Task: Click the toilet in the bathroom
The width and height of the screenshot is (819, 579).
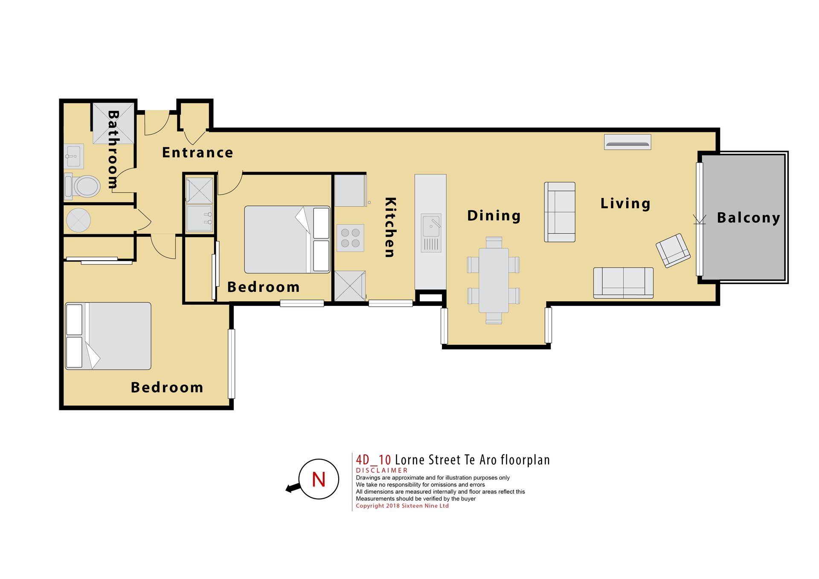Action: coord(82,186)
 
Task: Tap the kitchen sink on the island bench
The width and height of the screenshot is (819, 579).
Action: coord(431,233)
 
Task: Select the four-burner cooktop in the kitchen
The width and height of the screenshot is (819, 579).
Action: coord(350,238)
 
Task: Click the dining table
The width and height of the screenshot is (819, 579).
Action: coord(494,280)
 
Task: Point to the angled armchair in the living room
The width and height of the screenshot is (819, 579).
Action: coord(673,250)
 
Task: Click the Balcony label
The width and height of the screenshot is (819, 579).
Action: coord(749,218)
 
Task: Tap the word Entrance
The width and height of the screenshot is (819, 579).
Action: coord(197,152)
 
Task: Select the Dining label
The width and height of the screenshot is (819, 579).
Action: coord(494,216)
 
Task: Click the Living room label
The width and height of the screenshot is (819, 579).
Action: coord(625,204)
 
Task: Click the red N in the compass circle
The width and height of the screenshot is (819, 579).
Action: coord(319,480)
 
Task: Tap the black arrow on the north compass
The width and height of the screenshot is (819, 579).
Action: coord(293,487)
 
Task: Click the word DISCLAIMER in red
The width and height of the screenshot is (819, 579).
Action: coord(382,470)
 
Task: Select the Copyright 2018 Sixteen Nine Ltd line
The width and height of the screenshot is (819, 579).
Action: coord(402,506)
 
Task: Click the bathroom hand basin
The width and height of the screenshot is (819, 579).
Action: coord(74,156)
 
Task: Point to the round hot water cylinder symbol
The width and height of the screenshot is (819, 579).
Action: coord(78,220)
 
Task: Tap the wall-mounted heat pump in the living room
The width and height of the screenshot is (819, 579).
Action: coord(627,142)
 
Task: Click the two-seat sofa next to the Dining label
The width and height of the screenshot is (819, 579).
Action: coord(560,212)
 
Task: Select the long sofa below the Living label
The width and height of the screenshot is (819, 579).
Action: coord(623,283)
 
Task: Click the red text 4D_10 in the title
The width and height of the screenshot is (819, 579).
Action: coord(373,460)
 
